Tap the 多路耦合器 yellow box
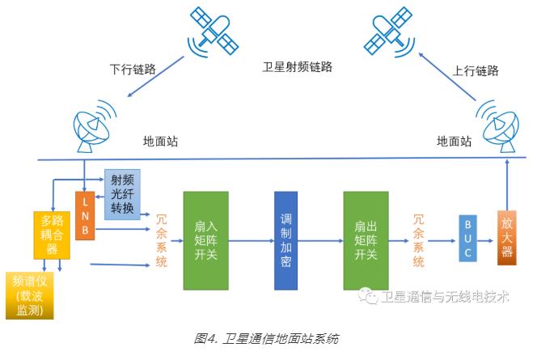point(52,235)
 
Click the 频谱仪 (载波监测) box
point(29,295)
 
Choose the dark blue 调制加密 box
point(285,240)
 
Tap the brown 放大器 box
point(507,235)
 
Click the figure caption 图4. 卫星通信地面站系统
point(266,338)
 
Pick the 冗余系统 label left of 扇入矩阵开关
point(161,240)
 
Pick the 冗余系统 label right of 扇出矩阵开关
point(418,240)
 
